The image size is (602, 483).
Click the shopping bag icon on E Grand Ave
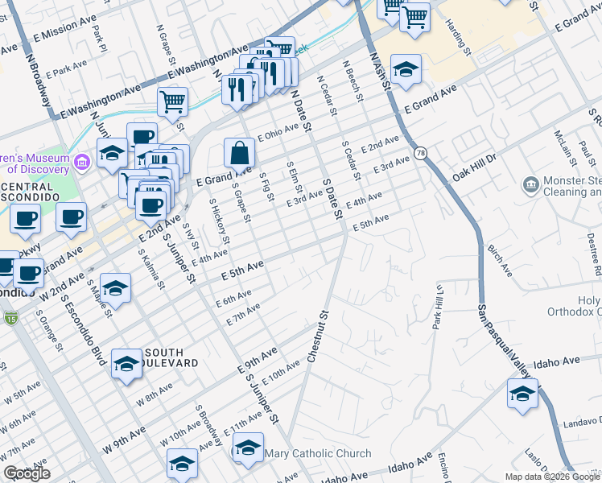[x=240, y=151]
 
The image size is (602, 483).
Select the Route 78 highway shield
[x=420, y=152]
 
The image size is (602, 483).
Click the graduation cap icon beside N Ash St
[x=406, y=70]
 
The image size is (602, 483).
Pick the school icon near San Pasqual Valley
[x=522, y=394]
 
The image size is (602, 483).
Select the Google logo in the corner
[x=27, y=473]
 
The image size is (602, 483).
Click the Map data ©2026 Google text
[x=552, y=477]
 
